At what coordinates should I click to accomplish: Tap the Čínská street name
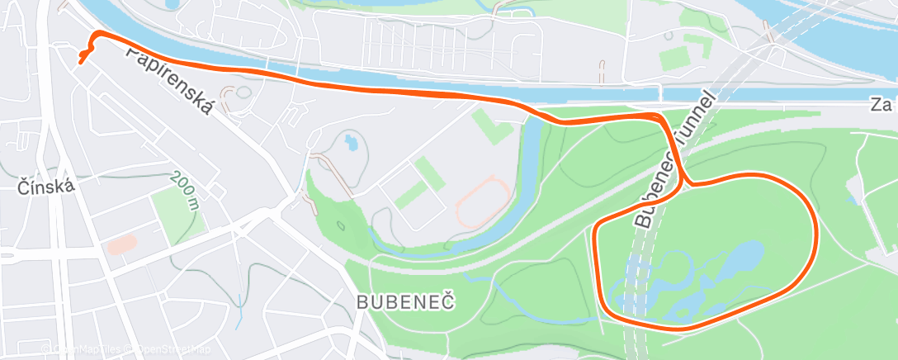click(x=46, y=187)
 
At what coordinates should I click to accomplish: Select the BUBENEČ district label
click(x=406, y=302)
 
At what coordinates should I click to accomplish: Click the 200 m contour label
click(x=186, y=191)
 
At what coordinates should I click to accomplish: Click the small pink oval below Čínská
click(x=122, y=244)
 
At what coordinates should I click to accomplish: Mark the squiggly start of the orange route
click(x=84, y=55)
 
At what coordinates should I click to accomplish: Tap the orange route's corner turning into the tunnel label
click(x=660, y=117)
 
